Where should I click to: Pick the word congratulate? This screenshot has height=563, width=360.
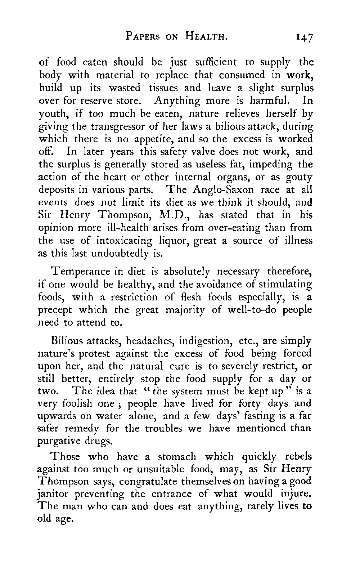148,482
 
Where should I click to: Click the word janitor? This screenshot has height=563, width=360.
54,494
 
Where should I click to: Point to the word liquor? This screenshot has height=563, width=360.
174,241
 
